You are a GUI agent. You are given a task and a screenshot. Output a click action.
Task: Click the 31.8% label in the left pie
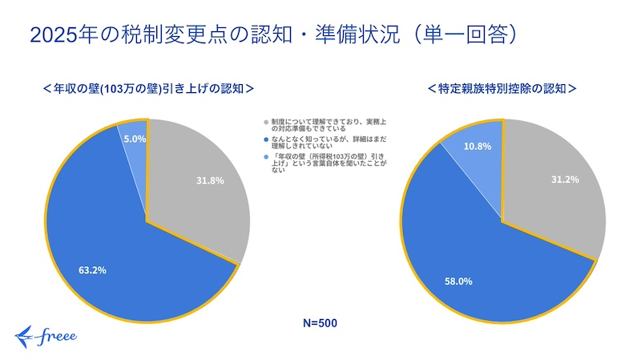coord(210,180)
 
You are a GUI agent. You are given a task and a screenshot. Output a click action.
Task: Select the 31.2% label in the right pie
coord(566,180)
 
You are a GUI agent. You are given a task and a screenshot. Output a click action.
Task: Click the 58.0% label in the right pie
coord(459,281)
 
